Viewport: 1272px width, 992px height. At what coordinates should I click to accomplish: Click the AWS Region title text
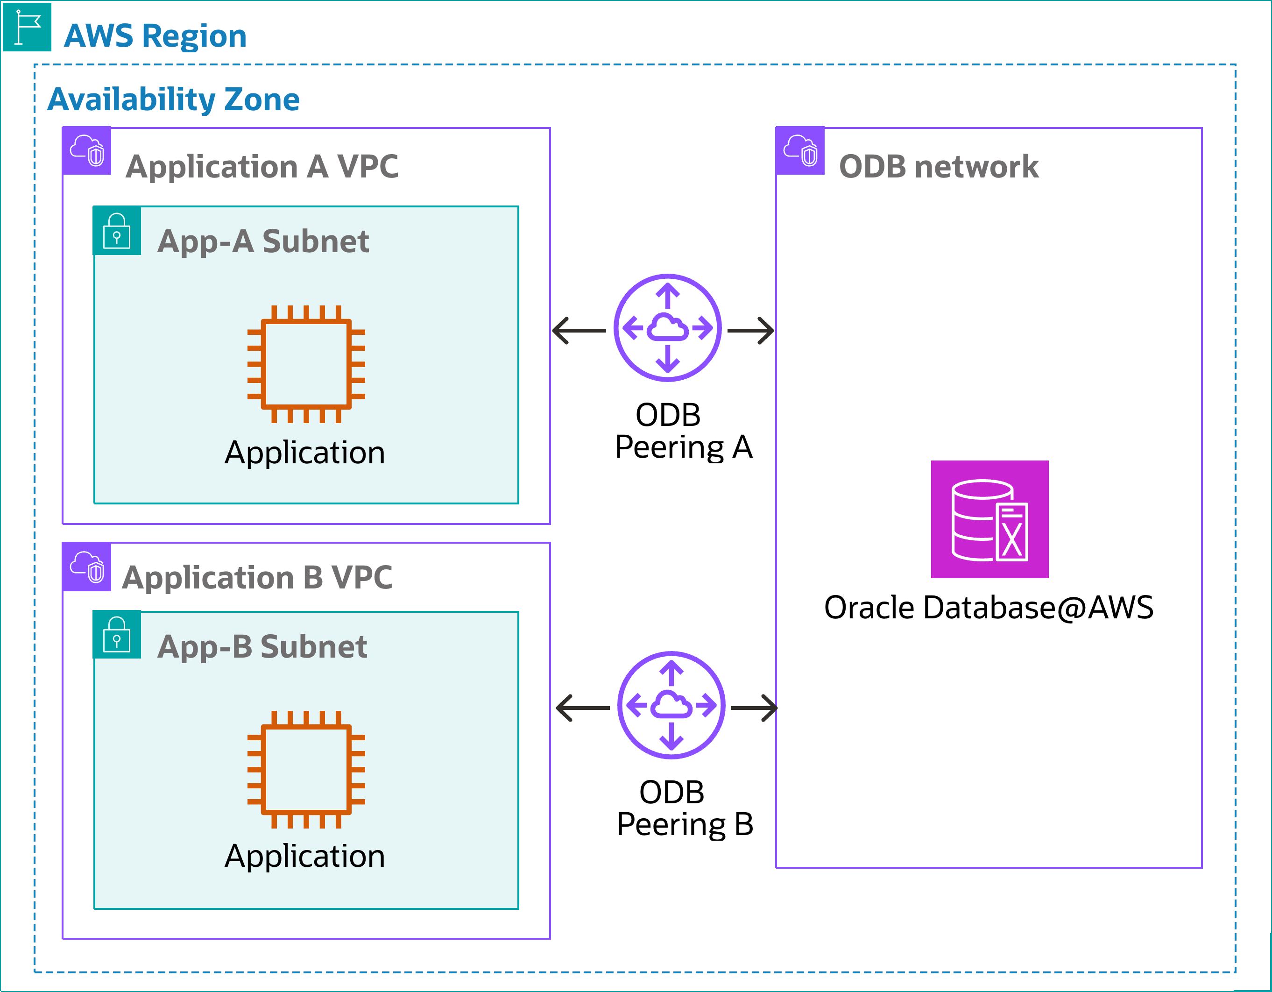[x=155, y=36]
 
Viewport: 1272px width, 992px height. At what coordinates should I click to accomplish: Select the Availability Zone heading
[x=174, y=99]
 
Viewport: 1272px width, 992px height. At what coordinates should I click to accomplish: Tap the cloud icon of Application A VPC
[x=87, y=150]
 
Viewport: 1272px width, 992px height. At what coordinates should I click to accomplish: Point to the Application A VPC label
[x=262, y=167]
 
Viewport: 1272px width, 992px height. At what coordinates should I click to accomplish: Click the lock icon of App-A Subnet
[x=116, y=231]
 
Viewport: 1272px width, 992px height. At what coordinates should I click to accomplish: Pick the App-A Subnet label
[x=263, y=241]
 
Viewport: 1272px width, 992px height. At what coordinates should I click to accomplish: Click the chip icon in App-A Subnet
[x=306, y=364]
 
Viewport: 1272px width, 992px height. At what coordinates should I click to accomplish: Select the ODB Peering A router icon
[x=667, y=328]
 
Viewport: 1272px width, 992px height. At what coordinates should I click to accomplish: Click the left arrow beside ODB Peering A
[x=579, y=330]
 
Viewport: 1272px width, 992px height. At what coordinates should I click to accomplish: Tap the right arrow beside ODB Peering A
[x=751, y=330]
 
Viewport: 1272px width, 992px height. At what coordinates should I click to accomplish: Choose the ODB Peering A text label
[x=683, y=431]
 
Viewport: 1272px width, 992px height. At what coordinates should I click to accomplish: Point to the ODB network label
[x=938, y=167]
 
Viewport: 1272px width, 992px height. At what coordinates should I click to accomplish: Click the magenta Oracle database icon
[x=989, y=519]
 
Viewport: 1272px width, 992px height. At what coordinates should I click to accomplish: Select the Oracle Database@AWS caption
[x=989, y=608]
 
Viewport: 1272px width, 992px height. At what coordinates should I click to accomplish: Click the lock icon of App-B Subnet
[x=116, y=634]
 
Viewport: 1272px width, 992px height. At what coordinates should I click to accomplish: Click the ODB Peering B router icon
[x=671, y=705]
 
